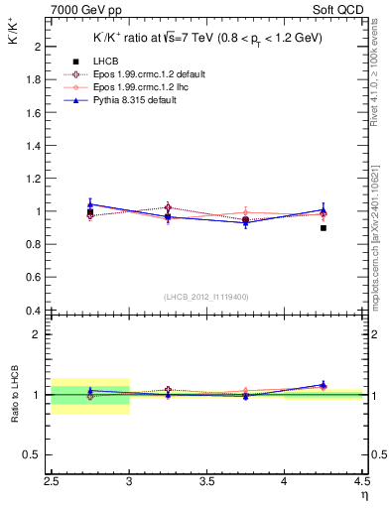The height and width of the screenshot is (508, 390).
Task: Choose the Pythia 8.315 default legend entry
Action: pyautogui.click(x=143, y=100)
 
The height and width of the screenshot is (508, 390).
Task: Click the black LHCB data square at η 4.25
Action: pyautogui.click(x=324, y=228)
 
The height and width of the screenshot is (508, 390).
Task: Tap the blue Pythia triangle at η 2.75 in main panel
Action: pyautogui.click(x=90, y=204)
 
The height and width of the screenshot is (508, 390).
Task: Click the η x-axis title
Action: pyautogui.click(x=364, y=495)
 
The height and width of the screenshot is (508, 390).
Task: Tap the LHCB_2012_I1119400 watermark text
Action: pyautogui.click(x=206, y=297)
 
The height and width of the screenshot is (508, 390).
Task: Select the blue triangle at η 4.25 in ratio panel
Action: pyautogui.click(x=324, y=384)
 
